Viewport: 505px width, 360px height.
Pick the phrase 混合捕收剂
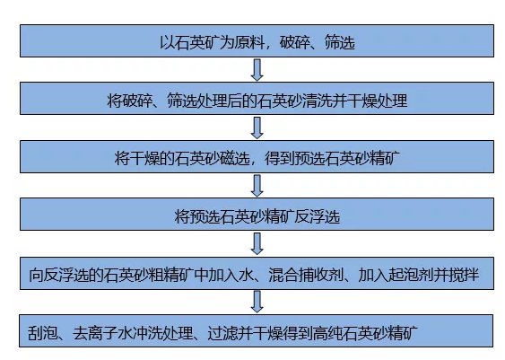point(306,275)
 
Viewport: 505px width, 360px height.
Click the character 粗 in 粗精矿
point(156,275)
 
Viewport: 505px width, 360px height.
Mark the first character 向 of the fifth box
point(36,275)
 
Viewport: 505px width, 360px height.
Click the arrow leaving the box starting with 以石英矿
point(257,70)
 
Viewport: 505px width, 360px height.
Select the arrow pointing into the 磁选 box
point(257,127)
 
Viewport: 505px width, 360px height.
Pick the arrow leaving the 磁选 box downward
point(257,186)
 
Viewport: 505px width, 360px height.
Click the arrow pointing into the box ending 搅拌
point(257,243)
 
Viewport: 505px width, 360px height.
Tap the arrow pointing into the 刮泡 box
point(257,302)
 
